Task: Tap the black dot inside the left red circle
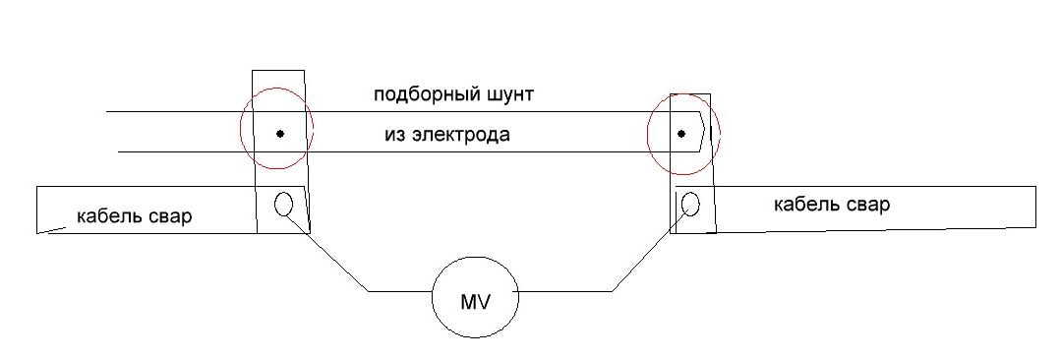(280, 134)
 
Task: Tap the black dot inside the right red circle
(681, 134)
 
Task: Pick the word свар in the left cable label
(169, 217)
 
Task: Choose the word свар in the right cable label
(867, 205)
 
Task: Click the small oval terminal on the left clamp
(283, 203)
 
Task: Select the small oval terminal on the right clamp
(690, 203)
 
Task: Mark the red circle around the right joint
(648, 134)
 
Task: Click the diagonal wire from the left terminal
(325, 252)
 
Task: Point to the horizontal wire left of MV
(400, 292)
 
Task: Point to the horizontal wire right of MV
(565, 292)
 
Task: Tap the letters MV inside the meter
(475, 302)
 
